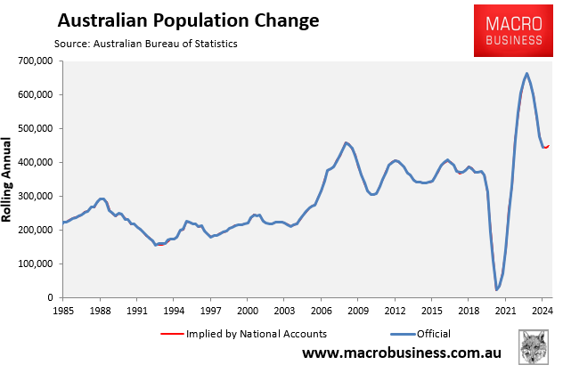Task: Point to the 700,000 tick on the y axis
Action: coord(35,61)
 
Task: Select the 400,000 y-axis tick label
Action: coord(35,162)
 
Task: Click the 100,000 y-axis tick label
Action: coord(35,264)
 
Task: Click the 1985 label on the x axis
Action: coord(63,311)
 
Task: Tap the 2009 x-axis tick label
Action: coord(357,311)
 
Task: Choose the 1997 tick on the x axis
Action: coord(210,311)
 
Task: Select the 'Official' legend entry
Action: coord(432,334)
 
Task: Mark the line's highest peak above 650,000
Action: coord(526,73)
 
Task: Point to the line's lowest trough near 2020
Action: coord(497,289)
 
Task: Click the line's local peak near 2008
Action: coord(346,142)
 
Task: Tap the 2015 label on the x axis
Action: coord(431,311)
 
